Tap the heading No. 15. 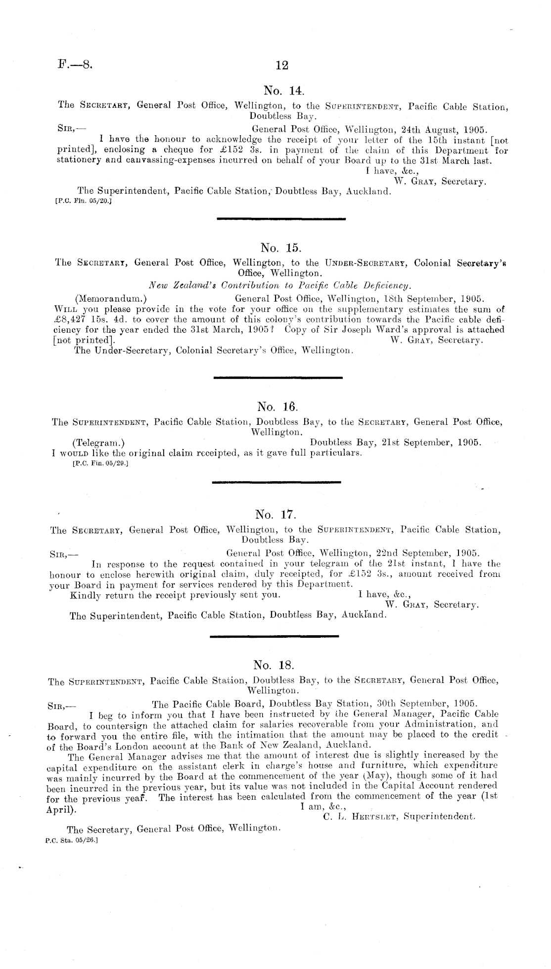point(280,247)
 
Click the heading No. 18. point(274,664)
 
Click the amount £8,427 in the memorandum point(69,319)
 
